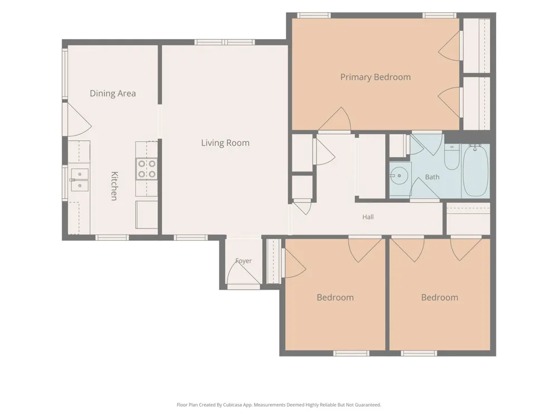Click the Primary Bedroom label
(x=376, y=77)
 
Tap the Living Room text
(x=225, y=143)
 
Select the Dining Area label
(x=113, y=93)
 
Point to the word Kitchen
(x=114, y=186)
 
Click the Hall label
(x=368, y=217)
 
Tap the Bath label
(x=432, y=177)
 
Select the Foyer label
(x=244, y=261)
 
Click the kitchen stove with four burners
(x=147, y=169)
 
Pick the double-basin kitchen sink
(x=80, y=180)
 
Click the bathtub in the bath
(x=474, y=171)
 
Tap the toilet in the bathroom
(x=452, y=157)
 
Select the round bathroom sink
(x=398, y=175)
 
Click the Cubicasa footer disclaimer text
(x=279, y=404)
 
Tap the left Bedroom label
(x=335, y=298)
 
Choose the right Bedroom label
(x=440, y=298)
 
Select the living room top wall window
(x=224, y=42)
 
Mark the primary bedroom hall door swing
(x=335, y=120)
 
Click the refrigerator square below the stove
(x=147, y=215)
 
